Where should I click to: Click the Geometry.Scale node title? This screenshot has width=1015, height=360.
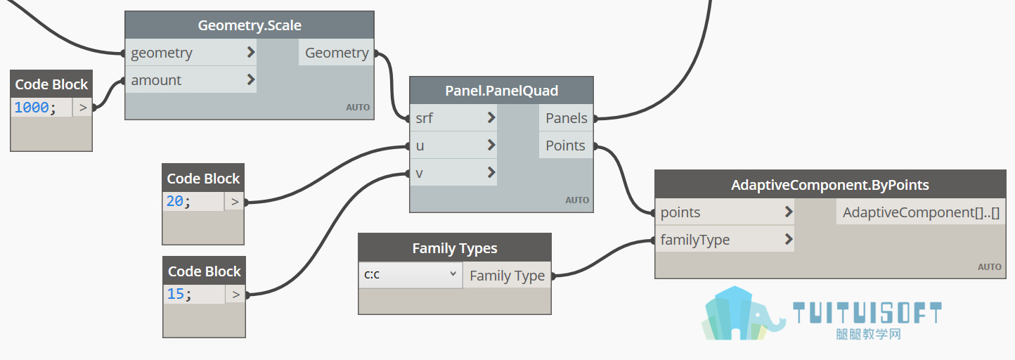click(250, 25)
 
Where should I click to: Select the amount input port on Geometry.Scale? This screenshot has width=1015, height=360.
click(190, 79)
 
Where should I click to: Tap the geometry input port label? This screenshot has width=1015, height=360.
click(161, 53)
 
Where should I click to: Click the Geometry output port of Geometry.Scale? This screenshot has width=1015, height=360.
click(336, 53)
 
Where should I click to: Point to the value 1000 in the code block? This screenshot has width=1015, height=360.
click(31, 108)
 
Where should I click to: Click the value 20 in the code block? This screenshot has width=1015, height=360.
click(174, 201)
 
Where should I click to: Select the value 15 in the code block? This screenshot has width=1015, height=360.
click(175, 294)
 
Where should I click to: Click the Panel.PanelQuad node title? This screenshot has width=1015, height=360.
click(502, 91)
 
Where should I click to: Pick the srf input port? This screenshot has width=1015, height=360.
click(453, 118)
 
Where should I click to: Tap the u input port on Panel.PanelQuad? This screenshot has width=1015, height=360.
click(453, 145)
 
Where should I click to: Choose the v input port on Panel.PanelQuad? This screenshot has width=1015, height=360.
click(453, 172)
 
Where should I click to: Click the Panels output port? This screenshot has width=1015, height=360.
click(566, 118)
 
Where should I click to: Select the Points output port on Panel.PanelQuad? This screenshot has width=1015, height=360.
click(566, 145)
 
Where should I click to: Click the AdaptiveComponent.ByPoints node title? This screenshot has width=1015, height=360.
click(830, 185)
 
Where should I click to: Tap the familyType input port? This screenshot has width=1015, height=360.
click(725, 239)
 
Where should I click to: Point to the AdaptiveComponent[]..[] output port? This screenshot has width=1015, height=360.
click(921, 212)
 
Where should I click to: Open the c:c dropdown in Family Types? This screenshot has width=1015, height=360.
click(410, 274)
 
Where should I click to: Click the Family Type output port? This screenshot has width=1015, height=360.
click(507, 275)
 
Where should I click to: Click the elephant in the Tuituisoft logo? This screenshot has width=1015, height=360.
click(765, 317)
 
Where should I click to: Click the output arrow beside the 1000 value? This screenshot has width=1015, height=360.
click(82, 108)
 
